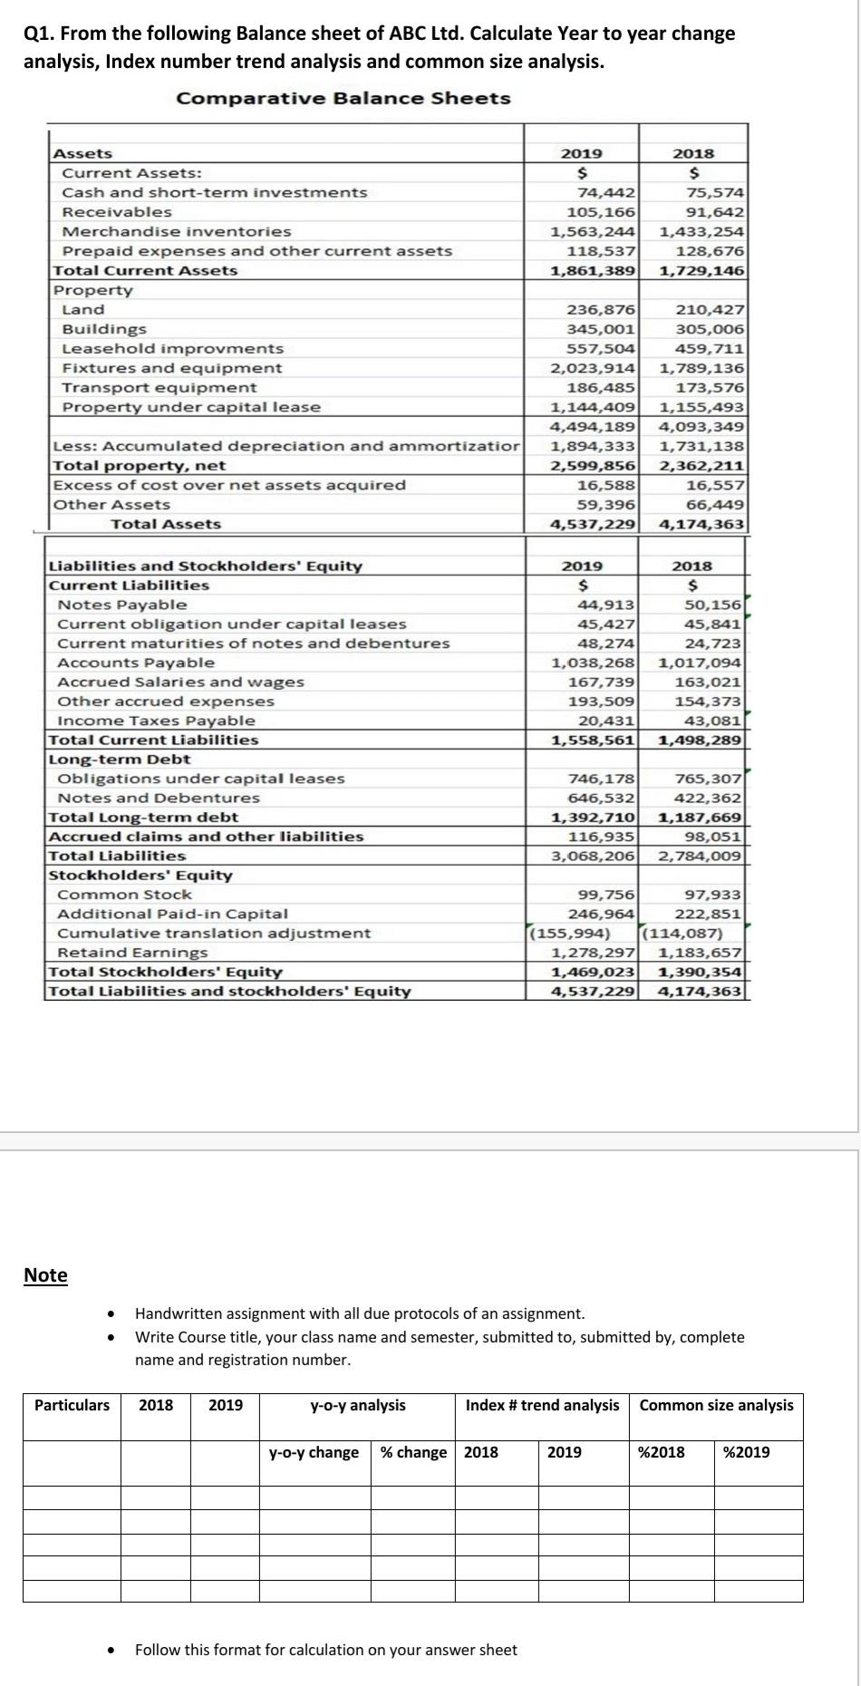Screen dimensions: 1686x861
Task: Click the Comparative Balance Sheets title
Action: [343, 98]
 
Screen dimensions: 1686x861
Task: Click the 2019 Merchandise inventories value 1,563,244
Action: [594, 231]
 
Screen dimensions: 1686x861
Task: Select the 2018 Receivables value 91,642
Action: [715, 212]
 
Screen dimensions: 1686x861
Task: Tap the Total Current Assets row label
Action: [145, 270]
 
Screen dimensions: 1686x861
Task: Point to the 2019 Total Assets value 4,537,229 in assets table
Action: [594, 524]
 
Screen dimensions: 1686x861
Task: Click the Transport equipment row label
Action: [159, 388]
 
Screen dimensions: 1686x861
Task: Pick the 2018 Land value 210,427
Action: [710, 310]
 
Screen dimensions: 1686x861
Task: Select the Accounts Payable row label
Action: [136, 663]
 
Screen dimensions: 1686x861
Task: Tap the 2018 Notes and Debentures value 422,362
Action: [708, 798]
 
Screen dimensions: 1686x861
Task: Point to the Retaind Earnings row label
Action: [132, 953]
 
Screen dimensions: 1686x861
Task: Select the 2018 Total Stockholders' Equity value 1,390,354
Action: [701, 972]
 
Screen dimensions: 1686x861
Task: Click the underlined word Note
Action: [45, 1275]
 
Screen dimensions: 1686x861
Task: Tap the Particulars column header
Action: [72, 1406]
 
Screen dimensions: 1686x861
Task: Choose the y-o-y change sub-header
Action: [314, 1452]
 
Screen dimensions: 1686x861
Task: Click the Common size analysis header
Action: [716, 1406]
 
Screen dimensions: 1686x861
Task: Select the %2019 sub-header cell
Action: [747, 1452]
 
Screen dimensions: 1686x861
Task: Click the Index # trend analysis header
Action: [542, 1406]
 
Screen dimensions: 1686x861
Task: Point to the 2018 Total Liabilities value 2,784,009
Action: [701, 856]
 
